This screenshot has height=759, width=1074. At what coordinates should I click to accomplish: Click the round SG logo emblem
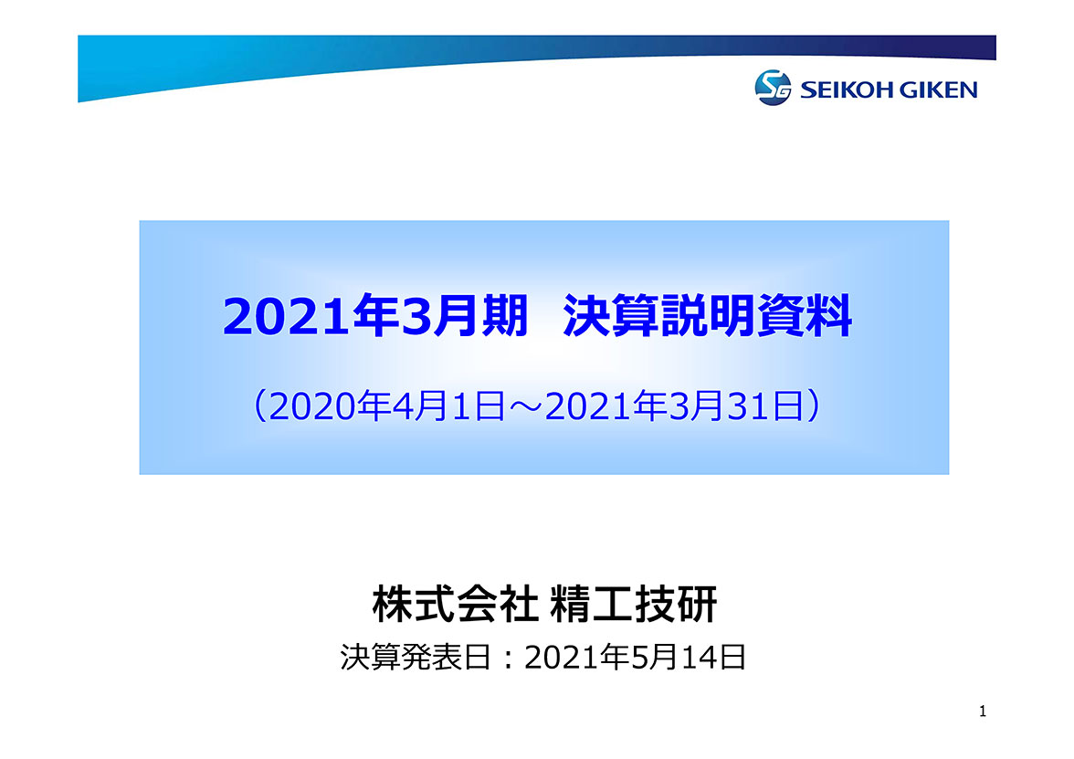(x=773, y=88)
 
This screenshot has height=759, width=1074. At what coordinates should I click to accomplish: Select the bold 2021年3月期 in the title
(x=375, y=316)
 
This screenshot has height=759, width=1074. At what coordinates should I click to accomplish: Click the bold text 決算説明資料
(x=708, y=316)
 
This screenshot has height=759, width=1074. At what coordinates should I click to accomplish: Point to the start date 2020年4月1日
(x=387, y=406)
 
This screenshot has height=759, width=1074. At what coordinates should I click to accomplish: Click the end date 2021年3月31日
(x=674, y=406)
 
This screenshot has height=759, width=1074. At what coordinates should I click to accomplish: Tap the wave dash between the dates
(x=524, y=407)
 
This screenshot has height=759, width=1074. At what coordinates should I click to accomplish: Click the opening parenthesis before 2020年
(x=260, y=406)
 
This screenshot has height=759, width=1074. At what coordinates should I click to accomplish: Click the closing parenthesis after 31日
(x=813, y=406)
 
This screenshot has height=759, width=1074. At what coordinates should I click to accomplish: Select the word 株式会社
(x=455, y=605)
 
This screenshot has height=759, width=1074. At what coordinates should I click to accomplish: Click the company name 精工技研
(x=634, y=605)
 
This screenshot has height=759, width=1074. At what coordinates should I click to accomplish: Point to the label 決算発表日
(x=416, y=658)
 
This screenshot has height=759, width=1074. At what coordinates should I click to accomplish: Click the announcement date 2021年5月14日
(x=635, y=658)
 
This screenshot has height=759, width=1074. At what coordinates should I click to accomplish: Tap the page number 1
(x=983, y=712)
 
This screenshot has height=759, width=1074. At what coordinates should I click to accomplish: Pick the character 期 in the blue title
(x=505, y=316)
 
